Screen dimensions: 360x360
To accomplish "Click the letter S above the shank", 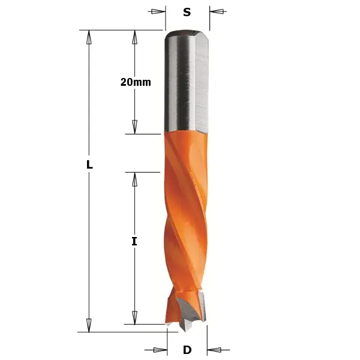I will (187, 12).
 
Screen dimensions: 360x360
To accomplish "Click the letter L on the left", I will (89, 164).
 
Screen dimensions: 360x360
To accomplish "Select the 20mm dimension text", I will (135, 82).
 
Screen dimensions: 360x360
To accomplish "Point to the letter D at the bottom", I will (187, 350).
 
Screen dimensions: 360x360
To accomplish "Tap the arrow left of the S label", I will (158, 11).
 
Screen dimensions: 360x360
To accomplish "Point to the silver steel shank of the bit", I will (187, 84).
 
